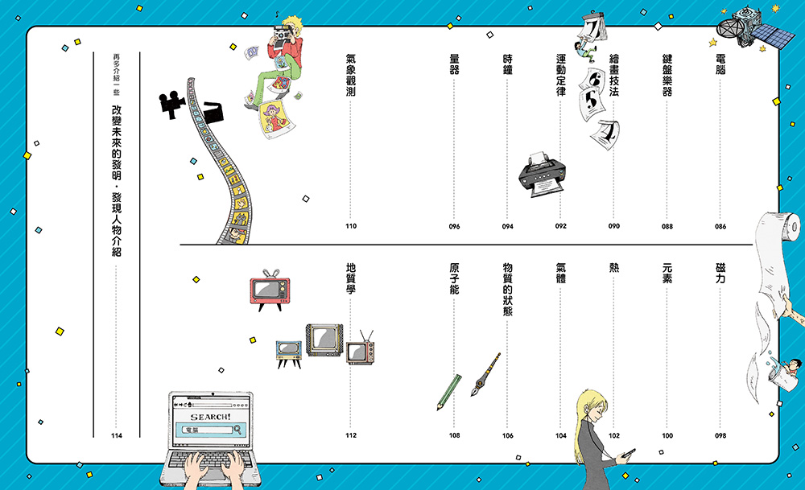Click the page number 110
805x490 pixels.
click(x=351, y=226)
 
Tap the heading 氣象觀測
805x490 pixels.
click(x=351, y=75)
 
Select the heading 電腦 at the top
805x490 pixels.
click(x=720, y=64)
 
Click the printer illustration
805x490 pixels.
click(x=542, y=175)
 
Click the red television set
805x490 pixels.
click(x=270, y=290)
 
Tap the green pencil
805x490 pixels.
click(x=448, y=393)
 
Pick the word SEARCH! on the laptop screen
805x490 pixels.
click(x=210, y=417)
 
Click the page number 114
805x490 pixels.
click(x=117, y=435)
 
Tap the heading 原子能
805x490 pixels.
click(x=454, y=278)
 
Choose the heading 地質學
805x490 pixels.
click(x=351, y=278)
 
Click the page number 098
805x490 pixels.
click(x=720, y=435)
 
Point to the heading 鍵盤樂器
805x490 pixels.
click(x=667, y=75)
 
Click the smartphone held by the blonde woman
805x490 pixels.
click(x=630, y=454)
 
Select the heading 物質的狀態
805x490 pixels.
click(x=508, y=290)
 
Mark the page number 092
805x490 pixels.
click(x=560, y=226)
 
